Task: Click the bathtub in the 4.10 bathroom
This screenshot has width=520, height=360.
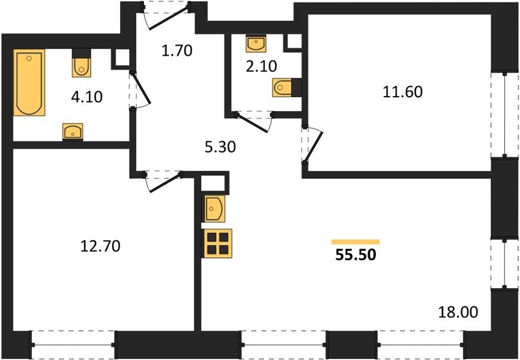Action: (x=29, y=83)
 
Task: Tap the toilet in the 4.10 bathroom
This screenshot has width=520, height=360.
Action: (x=82, y=63)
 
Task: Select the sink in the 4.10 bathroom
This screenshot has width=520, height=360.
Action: (x=73, y=131)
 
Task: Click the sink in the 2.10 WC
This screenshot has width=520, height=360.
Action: (x=256, y=44)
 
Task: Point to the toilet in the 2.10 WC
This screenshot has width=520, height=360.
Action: (x=287, y=88)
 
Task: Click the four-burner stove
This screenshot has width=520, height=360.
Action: (x=217, y=243)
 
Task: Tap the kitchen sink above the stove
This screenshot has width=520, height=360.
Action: (x=214, y=209)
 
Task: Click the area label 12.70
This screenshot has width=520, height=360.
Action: (x=100, y=246)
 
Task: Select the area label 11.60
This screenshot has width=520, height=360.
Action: (x=402, y=92)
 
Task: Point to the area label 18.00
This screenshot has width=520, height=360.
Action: (x=458, y=312)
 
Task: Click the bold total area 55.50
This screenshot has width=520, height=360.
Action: (x=356, y=255)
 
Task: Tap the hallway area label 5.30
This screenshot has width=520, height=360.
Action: (x=220, y=147)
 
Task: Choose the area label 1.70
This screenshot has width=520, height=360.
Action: (x=177, y=51)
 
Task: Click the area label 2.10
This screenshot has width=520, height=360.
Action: (x=261, y=67)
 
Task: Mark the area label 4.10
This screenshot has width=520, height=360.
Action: (x=87, y=97)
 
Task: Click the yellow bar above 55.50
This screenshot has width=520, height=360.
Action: (x=355, y=242)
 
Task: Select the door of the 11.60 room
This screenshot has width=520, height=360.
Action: (x=313, y=145)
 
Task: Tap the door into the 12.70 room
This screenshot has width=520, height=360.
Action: (x=164, y=181)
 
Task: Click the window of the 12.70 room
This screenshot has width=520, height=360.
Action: (x=73, y=345)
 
